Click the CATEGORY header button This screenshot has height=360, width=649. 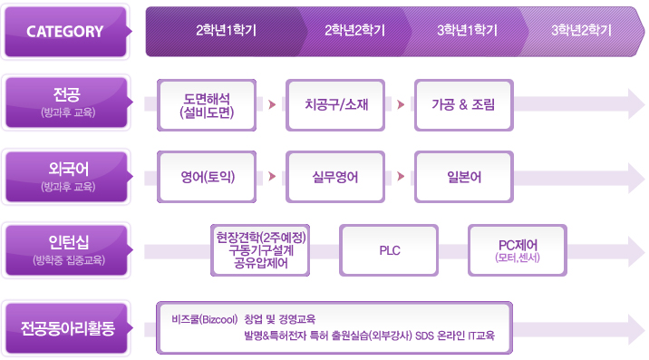pos(65,31)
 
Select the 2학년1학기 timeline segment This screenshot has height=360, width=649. pos(226,30)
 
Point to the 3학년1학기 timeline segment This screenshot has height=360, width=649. pos(467,30)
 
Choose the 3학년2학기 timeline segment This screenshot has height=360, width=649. pos(580,30)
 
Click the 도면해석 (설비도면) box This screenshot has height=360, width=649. pos(208,104)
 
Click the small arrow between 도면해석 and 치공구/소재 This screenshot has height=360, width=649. pos(271,104)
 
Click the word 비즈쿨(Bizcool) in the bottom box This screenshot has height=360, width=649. pos(203,319)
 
